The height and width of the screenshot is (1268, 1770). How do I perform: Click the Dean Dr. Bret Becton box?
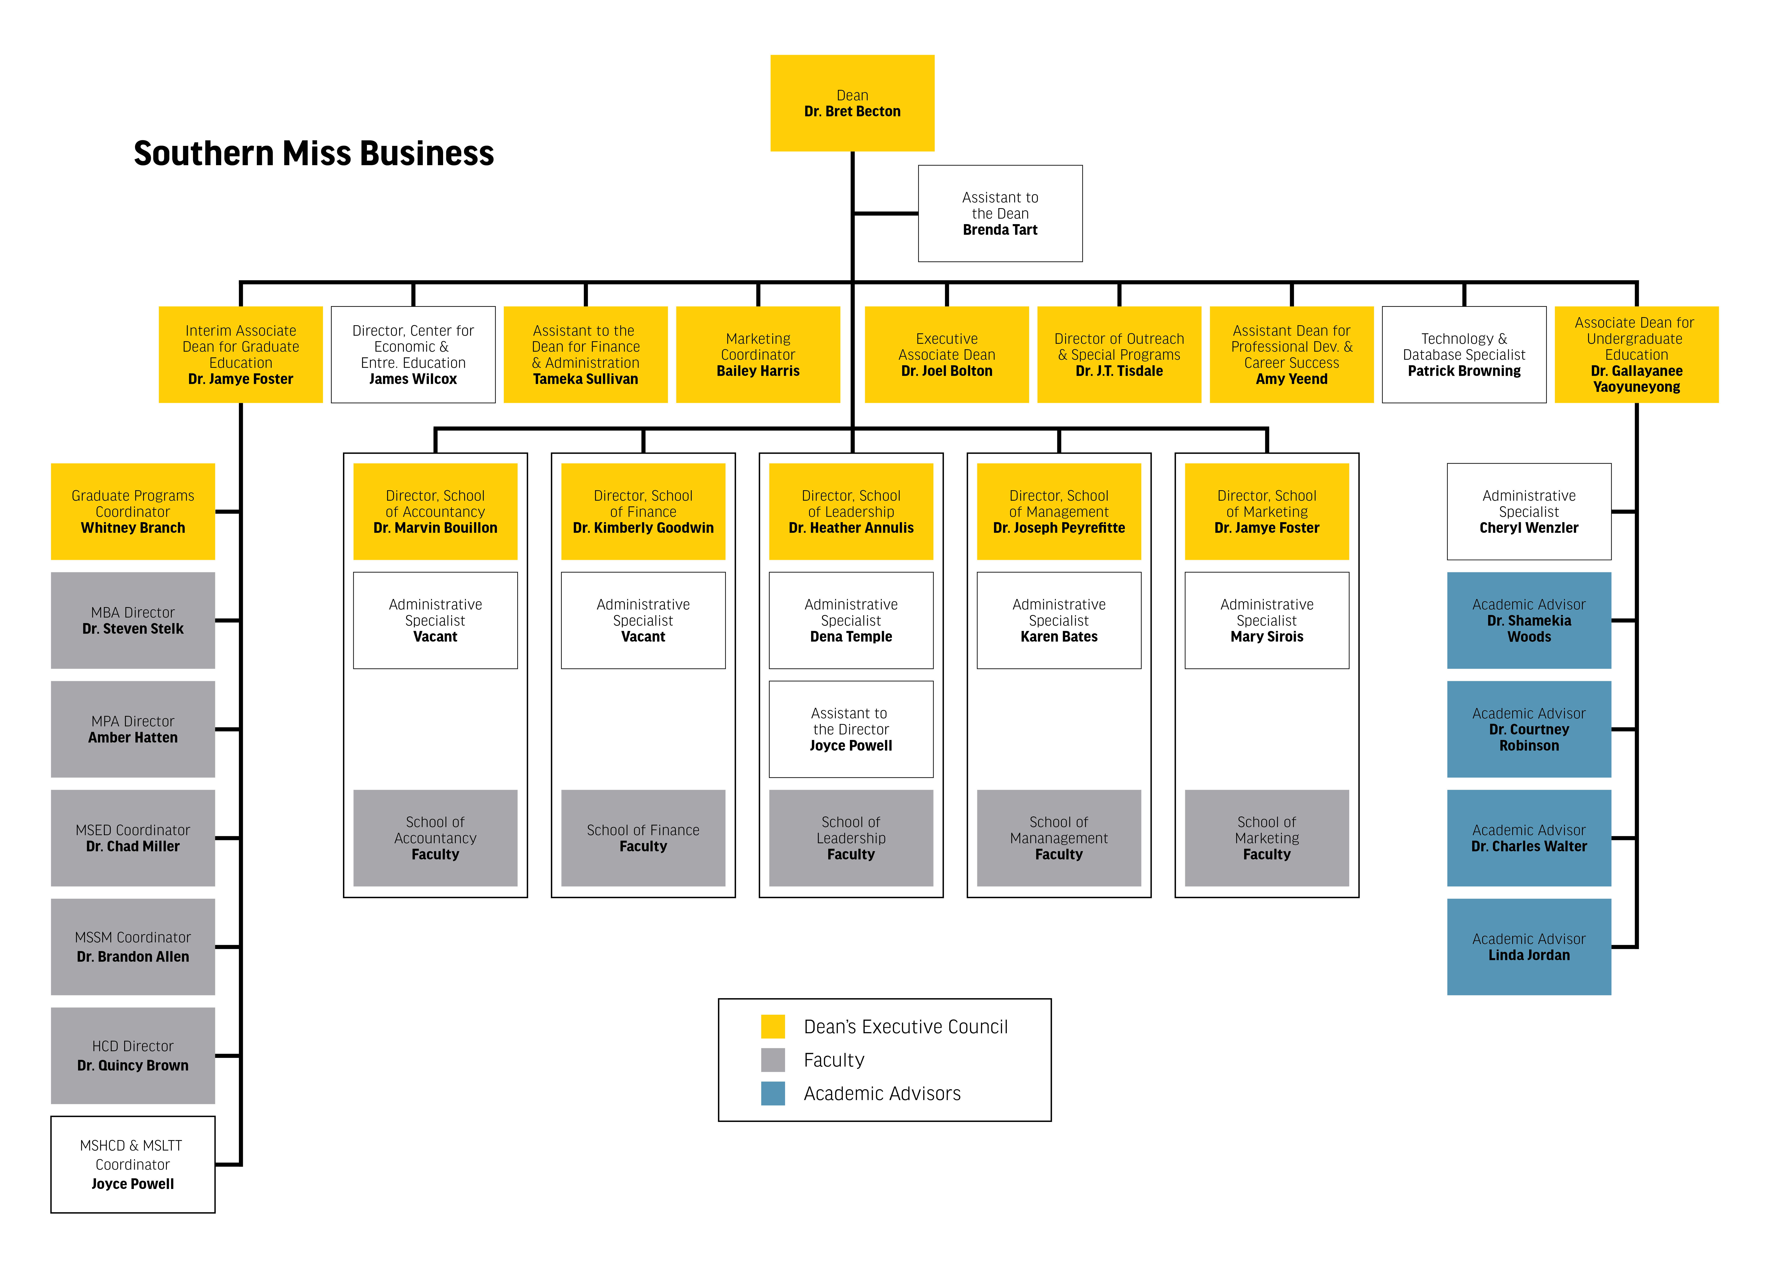coord(852,103)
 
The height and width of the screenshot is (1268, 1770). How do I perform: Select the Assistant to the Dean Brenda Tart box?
coord(1000,213)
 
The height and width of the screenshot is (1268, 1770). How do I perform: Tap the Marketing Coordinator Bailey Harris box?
coord(758,354)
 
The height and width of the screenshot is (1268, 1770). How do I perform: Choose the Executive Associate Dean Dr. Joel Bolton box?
coord(947,354)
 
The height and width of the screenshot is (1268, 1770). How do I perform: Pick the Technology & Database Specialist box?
coord(1464,354)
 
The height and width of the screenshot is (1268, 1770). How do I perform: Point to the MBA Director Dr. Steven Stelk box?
coord(133,620)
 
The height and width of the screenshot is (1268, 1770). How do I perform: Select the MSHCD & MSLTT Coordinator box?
coord(133,1164)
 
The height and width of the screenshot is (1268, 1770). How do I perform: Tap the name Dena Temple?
coord(851,637)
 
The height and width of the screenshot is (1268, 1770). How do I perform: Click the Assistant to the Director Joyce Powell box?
coord(851,729)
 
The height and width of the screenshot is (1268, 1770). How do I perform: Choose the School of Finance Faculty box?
coord(643,838)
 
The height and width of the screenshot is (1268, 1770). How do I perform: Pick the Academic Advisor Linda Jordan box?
coord(1529,947)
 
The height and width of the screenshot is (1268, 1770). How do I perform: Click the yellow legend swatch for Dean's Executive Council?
coord(773,1026)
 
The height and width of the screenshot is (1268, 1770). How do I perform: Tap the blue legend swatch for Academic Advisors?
coord(773,1093)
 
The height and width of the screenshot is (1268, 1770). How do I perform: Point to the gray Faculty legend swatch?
coord(773,1060)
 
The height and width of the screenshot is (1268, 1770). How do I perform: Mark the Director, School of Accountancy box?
coord(435,511)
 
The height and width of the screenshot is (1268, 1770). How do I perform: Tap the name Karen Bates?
coord(1059,637)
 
